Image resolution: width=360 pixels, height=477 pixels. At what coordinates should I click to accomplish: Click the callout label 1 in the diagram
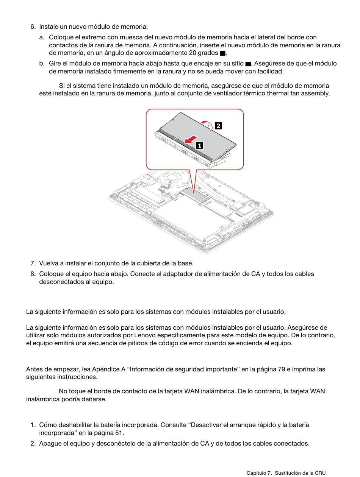tap(199, 145)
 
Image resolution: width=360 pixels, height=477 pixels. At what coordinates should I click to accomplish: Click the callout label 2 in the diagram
tap(218, 126)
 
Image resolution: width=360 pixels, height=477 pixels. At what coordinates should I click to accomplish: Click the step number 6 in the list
tap(33, 27)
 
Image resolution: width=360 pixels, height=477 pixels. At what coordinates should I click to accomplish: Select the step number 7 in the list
tap(33, 263)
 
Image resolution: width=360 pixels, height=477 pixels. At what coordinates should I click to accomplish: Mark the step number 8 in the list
tap(33, 274)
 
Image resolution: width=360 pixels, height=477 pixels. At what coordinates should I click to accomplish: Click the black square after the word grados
tap(222, 53)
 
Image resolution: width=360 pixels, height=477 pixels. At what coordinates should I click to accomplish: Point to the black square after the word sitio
tap(248, 64)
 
